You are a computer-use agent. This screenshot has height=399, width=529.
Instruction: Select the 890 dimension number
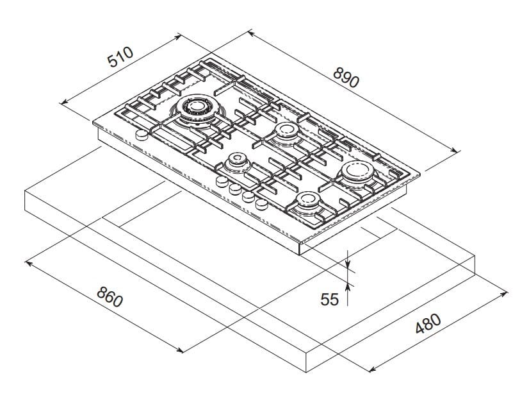pyautogui.click(x=346, y=76)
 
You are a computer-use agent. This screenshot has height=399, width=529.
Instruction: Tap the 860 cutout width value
pyautogui.click(x=110, y=296)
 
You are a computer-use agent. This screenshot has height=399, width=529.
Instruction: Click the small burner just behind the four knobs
pyautogui.click(x=236, y=161)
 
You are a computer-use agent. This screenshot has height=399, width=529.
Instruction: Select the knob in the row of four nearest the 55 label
pyautogui.click(x=261, y=205)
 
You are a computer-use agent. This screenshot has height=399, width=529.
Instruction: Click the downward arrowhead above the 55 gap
pyautogui.click(x=347, y=264)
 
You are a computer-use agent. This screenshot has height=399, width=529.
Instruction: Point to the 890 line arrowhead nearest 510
pyautogui.click(x=250, y=32)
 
